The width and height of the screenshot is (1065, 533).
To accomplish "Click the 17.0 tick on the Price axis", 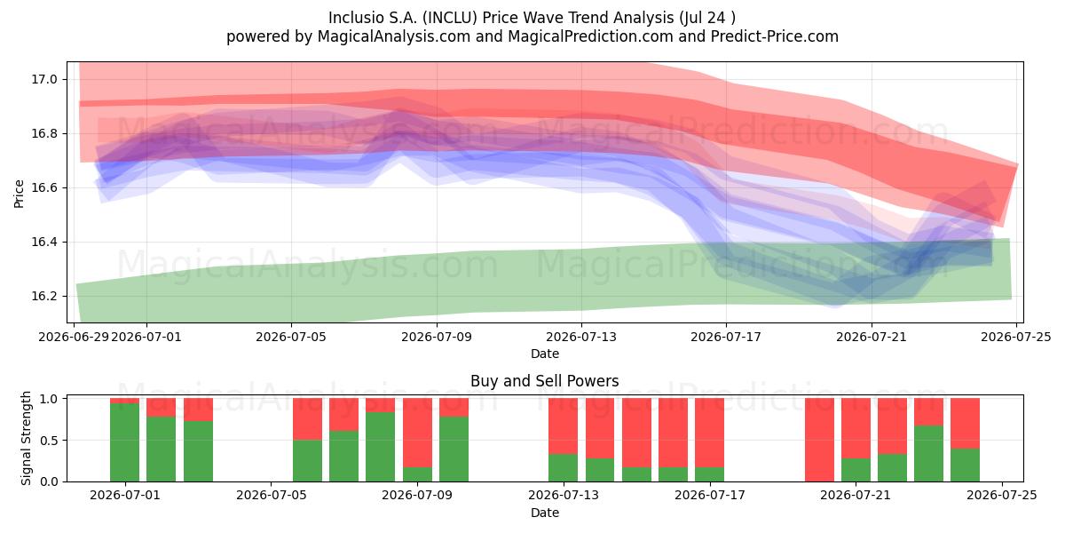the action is pyautogui.click(x=44, y=79).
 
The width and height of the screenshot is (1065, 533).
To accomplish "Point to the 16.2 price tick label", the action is pyautogui.click(x=44, y=297).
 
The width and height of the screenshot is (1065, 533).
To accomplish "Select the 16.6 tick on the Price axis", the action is pyautogui.click(x=44, y=188).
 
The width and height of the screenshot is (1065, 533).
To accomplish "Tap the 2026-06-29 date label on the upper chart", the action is pyautogui.click(x=74, y=337).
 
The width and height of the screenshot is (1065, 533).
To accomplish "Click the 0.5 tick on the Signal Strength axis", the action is pyautogui.click(x=50, y=441).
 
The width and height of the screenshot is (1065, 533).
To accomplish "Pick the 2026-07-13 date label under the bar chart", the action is pyautogui.click(x=564, y=496).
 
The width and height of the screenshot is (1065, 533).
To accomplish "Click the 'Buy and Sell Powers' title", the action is pyautogui.click(x=545, y=381).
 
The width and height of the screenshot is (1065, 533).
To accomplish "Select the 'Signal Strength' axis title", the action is pyautogui.click(x=26, y=438).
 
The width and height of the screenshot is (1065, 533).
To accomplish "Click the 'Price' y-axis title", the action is pyautogui.click(x=19, y=195).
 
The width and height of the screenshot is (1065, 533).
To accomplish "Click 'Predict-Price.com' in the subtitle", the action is pyautogui.click(x=775, y=36).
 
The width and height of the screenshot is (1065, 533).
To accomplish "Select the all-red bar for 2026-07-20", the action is pyautogui.click(x=820, y=441).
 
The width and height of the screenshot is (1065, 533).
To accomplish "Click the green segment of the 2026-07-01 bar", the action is pyautogui.click(x=124, y=442).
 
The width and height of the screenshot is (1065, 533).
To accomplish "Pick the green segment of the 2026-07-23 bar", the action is pyautogui.click(x=929, y=454).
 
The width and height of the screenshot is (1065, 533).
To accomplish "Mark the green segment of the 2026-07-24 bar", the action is pyautogui.click(x=966, y=465).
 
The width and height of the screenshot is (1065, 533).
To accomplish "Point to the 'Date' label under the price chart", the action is pyautogui.click(x=545, y=354).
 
